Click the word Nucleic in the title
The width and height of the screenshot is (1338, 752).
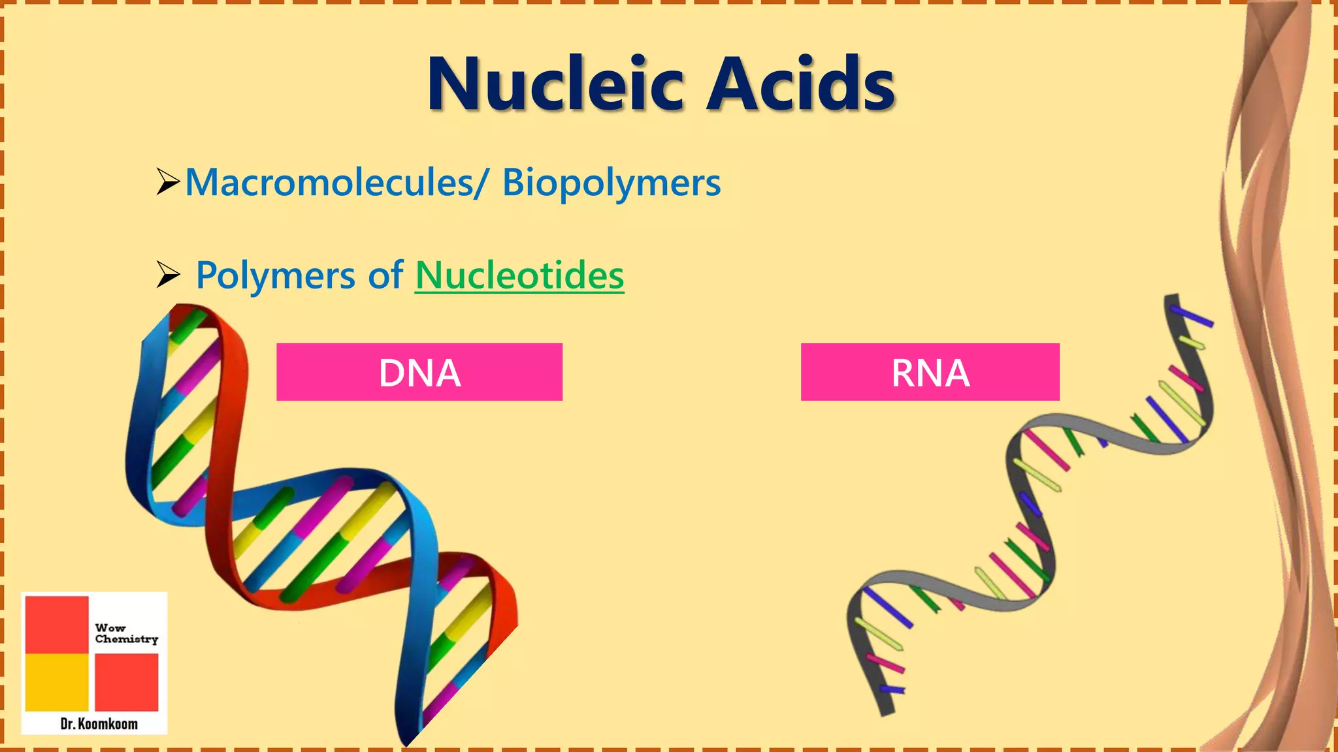[555, 85]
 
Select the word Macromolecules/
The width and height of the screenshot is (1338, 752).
[336, 182]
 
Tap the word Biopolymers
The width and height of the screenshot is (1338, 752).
[611, 183]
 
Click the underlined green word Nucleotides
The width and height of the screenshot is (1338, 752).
[519, 275]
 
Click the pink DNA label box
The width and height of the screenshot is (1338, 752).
[419, 372]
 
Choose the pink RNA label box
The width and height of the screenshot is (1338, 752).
[930, 372]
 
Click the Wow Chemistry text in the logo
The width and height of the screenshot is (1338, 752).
[126, 633]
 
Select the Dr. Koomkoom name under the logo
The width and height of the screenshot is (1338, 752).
[99, 723]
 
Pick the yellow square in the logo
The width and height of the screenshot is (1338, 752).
[57, 681]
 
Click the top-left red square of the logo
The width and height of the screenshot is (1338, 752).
[57, 624]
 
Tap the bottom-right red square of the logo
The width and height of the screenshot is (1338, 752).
[127, 681]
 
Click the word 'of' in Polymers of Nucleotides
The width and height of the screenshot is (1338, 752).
[385, 275]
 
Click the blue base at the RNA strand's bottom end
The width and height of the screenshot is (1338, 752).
[892, 689]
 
